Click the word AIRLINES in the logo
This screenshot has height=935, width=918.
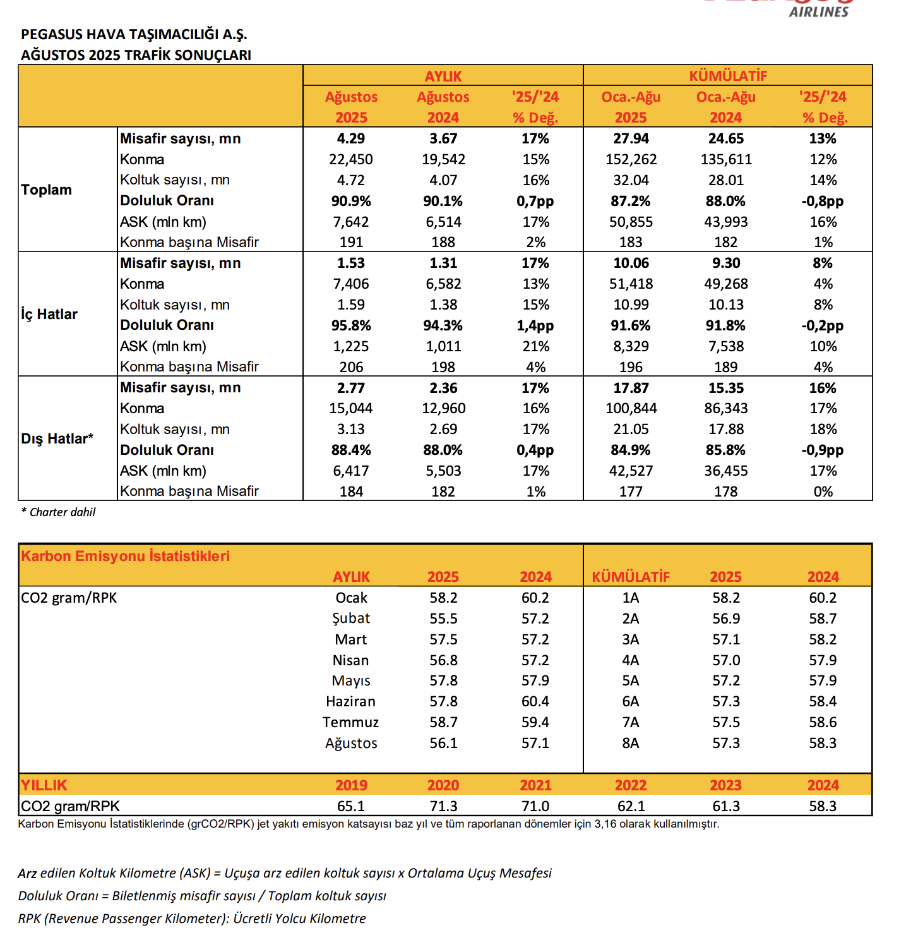tap(819, 11)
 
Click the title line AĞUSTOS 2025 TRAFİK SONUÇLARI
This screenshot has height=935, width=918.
tap(136, 55)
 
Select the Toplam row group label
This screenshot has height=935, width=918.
tap(46, 190)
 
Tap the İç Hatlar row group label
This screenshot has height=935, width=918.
tap(49, 315)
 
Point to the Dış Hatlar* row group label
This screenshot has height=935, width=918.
tap(57, 439)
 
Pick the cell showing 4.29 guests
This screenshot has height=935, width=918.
tap(351, 139)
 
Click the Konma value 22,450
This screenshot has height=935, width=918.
tap(351, 160)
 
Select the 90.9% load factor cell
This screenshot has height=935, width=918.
tap(351, 202)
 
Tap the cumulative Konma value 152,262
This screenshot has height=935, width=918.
tap(631, 160)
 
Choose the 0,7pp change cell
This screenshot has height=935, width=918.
tap(535, 202)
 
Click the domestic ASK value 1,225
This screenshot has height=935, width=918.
tap(351, 347)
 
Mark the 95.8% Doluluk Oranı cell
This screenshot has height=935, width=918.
tap(351, 326)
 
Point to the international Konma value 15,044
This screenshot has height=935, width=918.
tap(351, 409)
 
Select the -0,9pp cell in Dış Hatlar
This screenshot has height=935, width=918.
tap(823, 450)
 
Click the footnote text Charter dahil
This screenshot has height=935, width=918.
tap(62, 512)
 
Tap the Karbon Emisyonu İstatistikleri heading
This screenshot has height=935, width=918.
tap(125, 556)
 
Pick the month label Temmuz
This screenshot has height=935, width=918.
tap(351, 723)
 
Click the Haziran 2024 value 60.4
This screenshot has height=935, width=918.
tap(535, 702)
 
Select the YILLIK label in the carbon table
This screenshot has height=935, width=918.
tap(44, 785)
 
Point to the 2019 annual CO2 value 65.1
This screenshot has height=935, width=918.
tap(351, 807)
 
